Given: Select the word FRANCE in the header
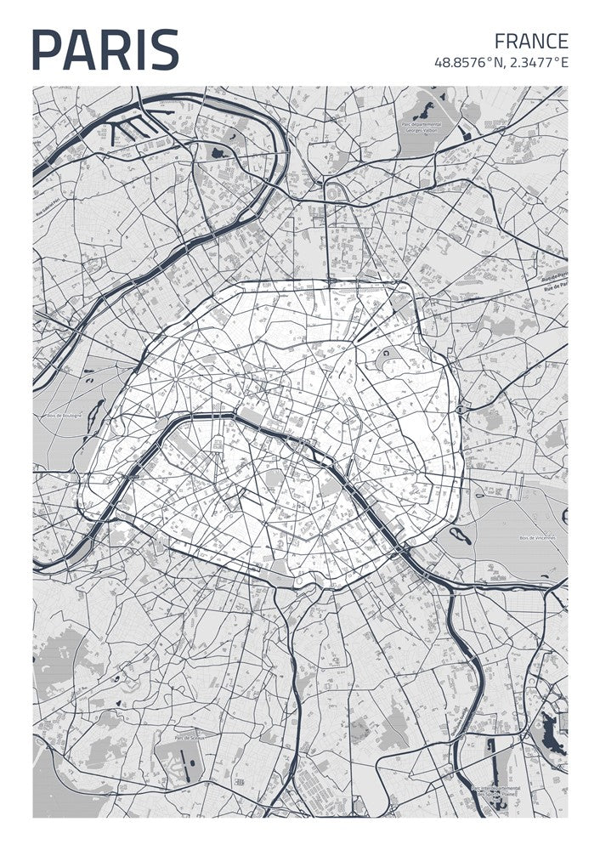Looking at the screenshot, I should click(x=531, y=41).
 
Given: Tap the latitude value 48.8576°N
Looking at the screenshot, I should click(x=467, y=62).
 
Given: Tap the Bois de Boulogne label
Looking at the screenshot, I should click(x=61, y=415).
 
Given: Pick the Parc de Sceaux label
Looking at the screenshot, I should click(x=186, y=738).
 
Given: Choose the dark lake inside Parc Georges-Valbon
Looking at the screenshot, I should click(x=422, y=110).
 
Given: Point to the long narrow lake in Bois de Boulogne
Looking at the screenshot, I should click(x=96, y=413).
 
